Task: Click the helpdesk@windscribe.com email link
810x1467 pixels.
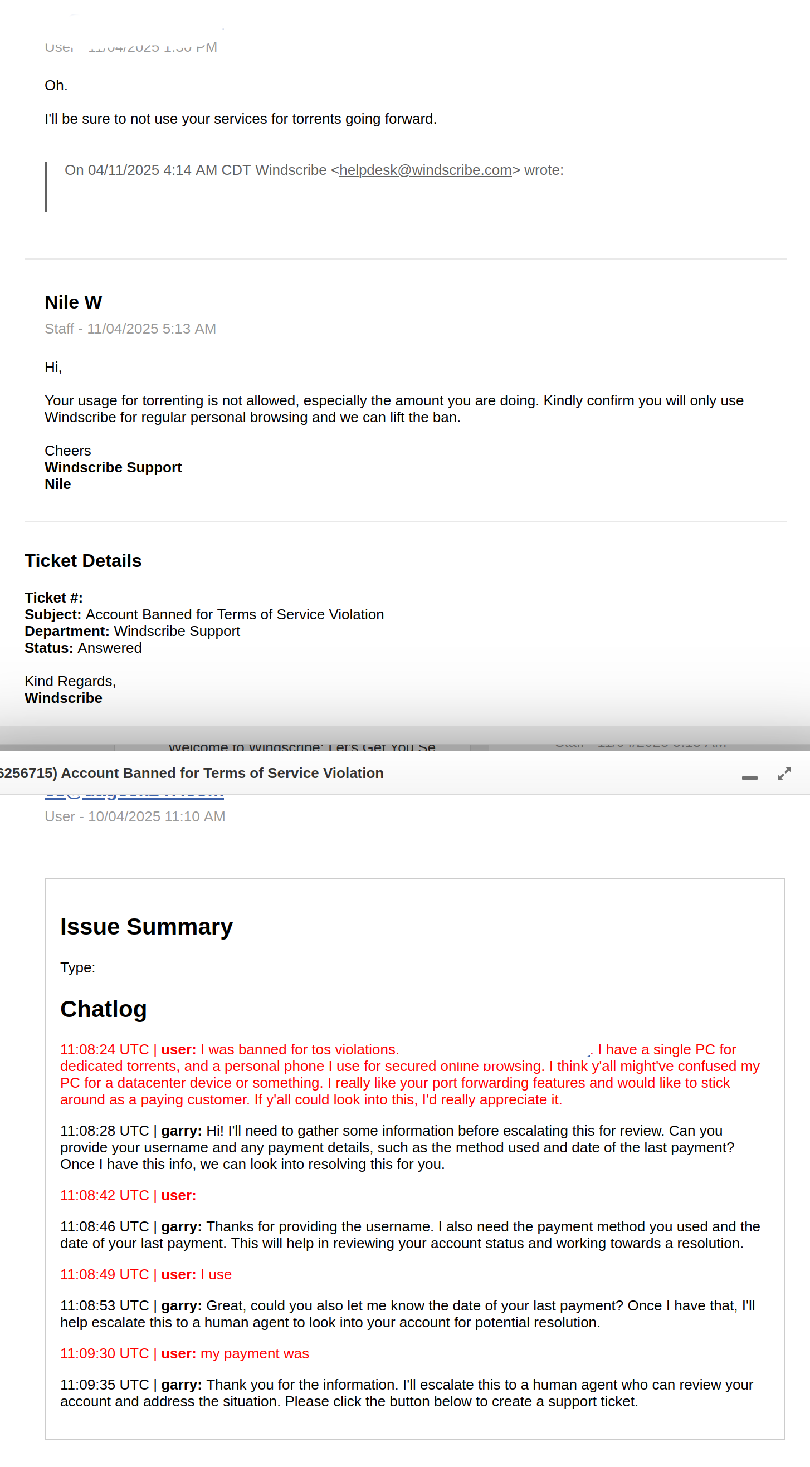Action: click(425, 170)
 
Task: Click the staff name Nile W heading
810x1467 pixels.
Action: click(74, 302)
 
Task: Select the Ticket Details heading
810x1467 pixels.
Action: click(83, 561)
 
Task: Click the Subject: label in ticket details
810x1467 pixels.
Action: click(53, 614)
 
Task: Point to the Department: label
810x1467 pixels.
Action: click(67, 631)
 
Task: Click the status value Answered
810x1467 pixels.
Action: click(109, 648)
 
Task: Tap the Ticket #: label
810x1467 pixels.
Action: click(53, 598)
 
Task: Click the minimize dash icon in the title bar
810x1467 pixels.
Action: click(750, 778)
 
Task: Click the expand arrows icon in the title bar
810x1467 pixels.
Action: click(784, 774)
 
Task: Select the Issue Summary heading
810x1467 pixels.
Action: click(147, 927)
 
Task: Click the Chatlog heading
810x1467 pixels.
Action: click(104, 1009)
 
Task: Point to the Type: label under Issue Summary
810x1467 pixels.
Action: click(77, 967)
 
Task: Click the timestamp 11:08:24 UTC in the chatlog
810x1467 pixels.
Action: click(104, 1049)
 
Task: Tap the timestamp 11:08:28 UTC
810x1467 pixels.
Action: click(104, 1131)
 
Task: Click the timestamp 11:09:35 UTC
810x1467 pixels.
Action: click(104, 1385)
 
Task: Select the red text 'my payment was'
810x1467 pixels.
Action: click(255, 1354)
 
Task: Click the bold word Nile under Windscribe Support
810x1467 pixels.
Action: click(58, 484)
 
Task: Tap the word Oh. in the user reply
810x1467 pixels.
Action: click(56, 85)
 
